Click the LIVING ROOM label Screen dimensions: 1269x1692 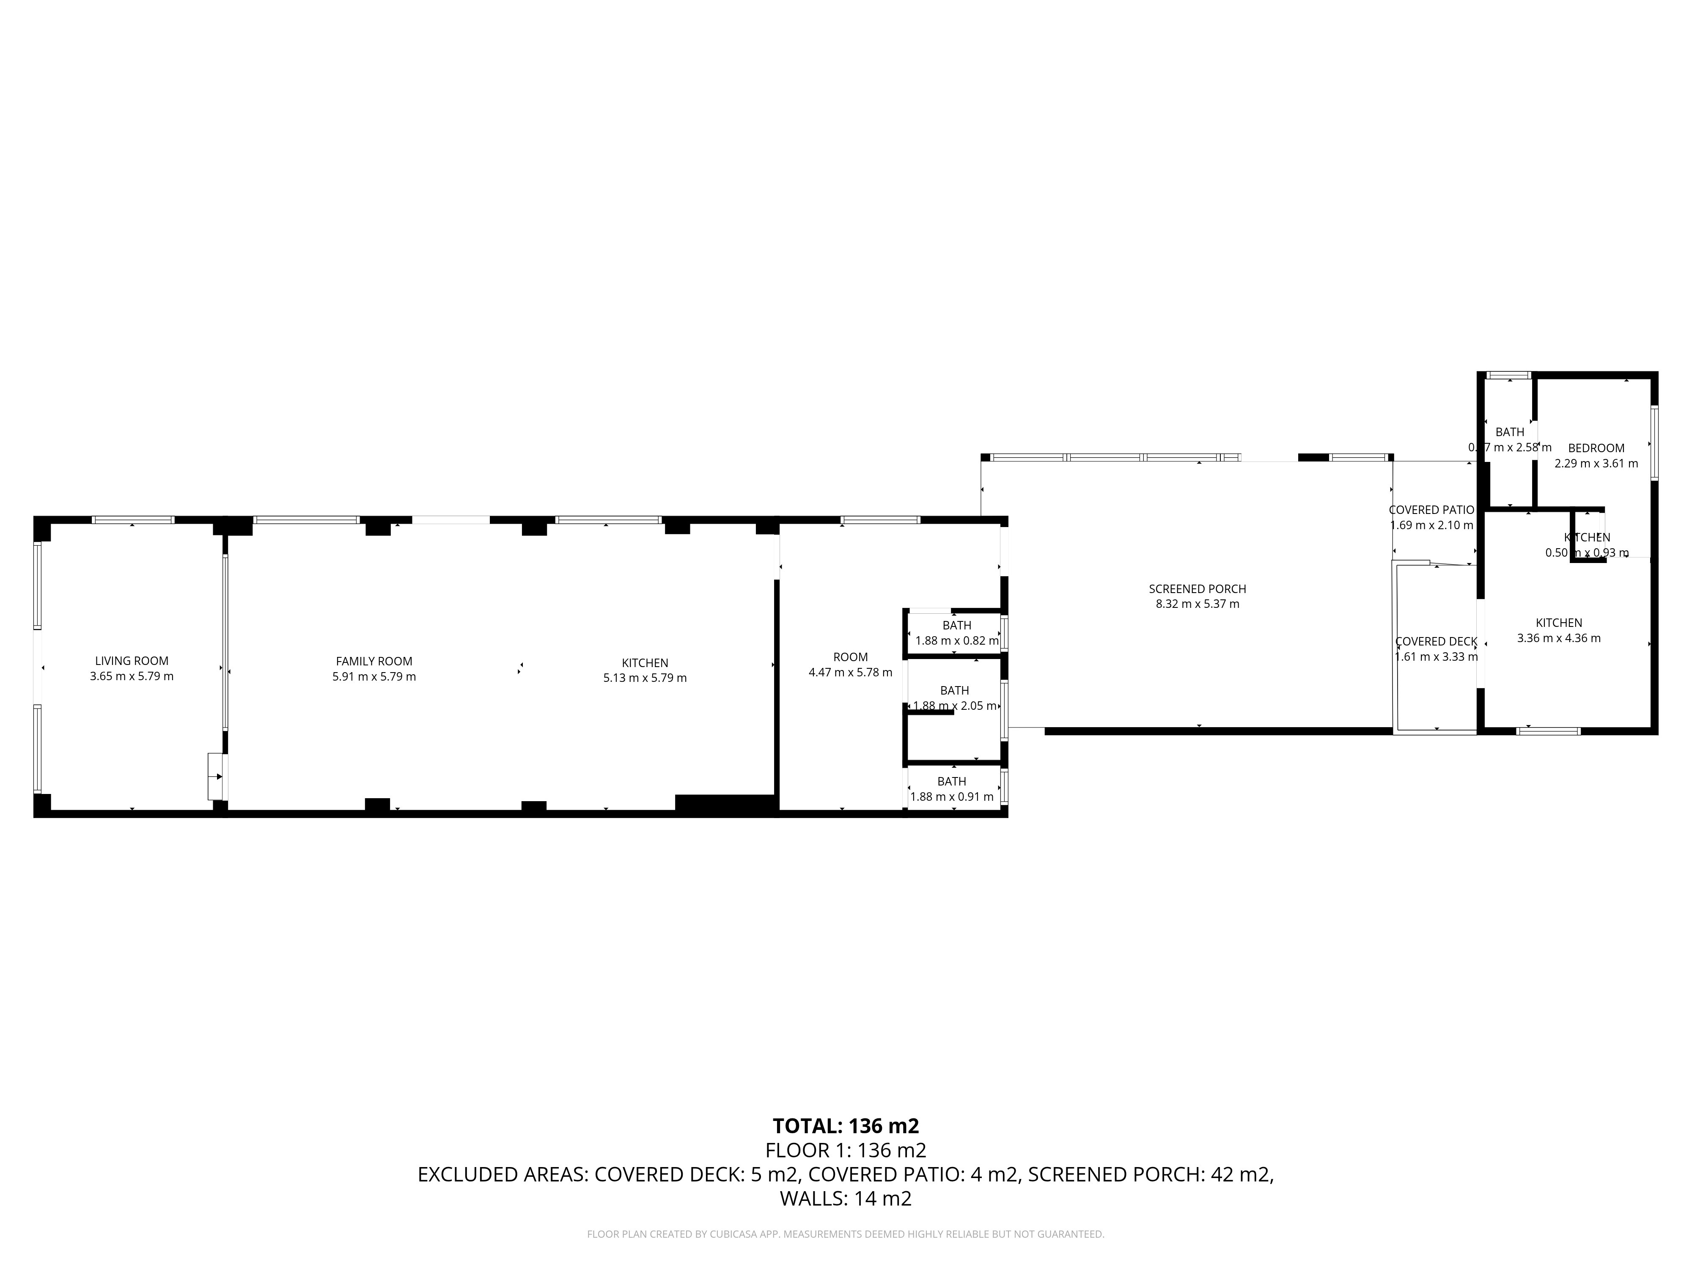[132, 661]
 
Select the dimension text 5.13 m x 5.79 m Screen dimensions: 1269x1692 [645, 678]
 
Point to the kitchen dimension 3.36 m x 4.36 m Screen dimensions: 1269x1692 [1558, 638]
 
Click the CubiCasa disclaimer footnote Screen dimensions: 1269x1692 [845, 1234]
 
